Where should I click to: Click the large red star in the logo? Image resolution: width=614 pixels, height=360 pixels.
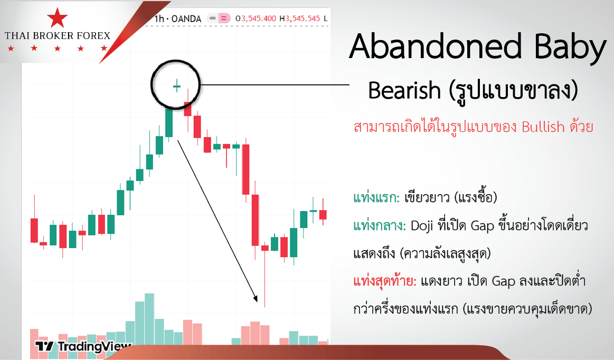click(x=57, y=17)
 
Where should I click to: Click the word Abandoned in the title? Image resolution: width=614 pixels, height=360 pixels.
click(x=436, y=46)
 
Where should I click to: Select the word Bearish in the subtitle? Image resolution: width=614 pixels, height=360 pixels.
click(x=404, y=90)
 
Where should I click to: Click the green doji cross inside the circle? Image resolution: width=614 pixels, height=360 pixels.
click(x=177, y=86)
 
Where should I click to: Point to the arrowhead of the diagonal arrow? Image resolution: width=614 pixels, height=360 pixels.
click(x=256, y=298)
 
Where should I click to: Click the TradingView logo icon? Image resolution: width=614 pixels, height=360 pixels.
click(x=44, y=346)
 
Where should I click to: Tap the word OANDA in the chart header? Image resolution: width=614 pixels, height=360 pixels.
click(x=186, y=18)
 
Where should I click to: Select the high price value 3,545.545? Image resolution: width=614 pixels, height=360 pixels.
click(x=303, y=18)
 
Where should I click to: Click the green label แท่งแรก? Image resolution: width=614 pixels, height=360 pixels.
click(x=376, y=197)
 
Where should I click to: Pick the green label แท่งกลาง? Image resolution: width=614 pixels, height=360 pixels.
click(x=380, y=225)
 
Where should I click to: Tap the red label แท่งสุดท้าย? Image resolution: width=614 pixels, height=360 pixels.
click(x=384, y=281)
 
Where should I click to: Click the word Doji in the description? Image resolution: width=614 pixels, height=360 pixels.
click(x=422, y=226)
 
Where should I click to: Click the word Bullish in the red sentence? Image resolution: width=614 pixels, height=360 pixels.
click(x=543, y=127)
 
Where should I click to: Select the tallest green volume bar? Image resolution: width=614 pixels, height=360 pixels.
click(x=149, y=319)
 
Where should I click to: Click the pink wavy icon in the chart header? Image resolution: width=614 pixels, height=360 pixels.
click(x=224, y=18)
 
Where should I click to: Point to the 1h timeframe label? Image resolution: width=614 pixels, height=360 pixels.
click(x=159, y=18)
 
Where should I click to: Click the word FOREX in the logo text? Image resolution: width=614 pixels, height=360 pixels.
click(x=93, y=36)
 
